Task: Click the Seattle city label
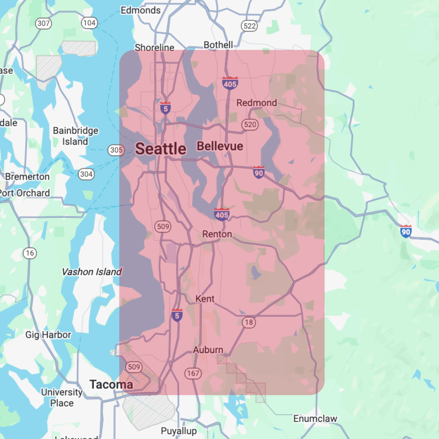161,149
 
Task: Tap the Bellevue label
219,146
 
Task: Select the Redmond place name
256,103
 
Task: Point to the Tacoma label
111,385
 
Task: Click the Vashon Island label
91,272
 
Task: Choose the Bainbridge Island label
75,136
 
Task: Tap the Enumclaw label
315,418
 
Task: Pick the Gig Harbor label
48,335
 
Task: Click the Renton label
217,234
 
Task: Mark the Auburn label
208,350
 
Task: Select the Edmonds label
141,10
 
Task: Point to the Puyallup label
179,431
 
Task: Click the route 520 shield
249,125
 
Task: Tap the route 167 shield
193,373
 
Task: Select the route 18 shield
249,322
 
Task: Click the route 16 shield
30,253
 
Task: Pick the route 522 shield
249,26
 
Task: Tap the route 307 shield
43,23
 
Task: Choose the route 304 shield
86,174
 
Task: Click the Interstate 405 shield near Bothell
230,83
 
